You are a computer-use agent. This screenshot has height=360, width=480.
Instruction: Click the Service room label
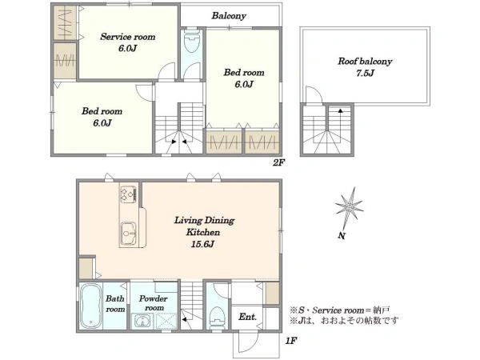point(128,37)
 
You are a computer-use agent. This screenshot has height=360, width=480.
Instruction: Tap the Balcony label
point(229,16)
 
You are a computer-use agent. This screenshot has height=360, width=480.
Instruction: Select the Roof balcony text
point(365,62)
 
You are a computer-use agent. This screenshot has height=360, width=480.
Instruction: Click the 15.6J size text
point(202,244)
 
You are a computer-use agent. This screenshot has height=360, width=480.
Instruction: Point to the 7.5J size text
point(365,73)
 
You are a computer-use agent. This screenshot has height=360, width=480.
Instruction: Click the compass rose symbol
point(350,208)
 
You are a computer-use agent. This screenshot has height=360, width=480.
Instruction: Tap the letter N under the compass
point(342,236)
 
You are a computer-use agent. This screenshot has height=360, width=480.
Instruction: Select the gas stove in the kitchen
point(128,194)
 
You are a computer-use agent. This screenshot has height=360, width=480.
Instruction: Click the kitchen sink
point(128,234)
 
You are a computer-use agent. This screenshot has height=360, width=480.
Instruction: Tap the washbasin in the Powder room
point(142,322)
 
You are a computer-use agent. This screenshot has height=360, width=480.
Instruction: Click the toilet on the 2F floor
point(192,42)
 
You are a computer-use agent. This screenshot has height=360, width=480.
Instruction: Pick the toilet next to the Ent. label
point(218,318)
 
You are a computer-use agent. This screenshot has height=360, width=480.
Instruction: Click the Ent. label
point(248,317)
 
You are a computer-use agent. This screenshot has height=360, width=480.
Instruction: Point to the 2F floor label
point(278,162)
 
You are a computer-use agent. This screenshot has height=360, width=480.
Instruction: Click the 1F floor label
point(291,341)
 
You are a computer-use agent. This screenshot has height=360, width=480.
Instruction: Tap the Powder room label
point(154,303)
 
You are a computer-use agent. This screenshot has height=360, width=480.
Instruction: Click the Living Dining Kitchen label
point(204,226)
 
